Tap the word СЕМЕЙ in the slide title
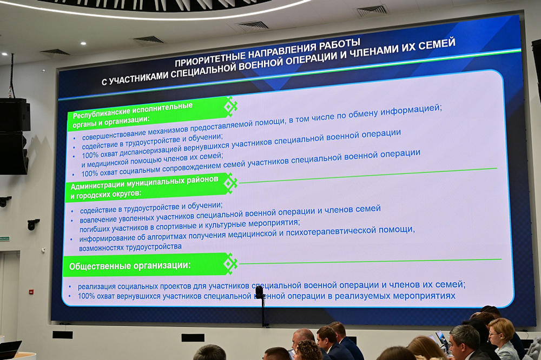437,44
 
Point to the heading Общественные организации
130,265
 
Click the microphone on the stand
260,292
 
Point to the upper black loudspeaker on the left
14,115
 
